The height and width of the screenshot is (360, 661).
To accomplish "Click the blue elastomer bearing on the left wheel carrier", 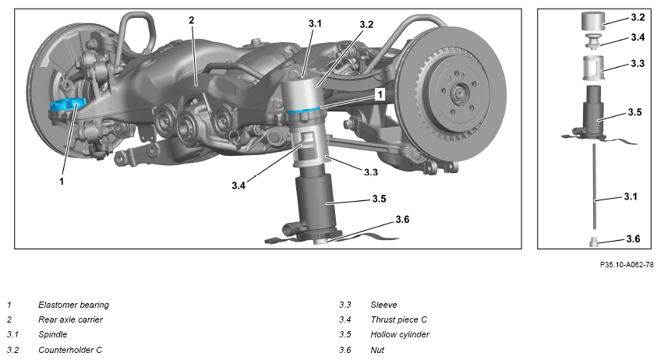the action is click(68, 104).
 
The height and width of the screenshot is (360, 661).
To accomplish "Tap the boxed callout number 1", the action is click(380, 94).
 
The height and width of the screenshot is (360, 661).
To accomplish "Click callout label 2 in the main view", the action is click(192, 20).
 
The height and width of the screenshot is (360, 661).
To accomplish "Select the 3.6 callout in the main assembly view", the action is click(402, 220).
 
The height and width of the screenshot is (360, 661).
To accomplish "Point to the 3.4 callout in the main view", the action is click(239, 185).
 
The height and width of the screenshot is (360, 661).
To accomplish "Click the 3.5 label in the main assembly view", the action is click(379, 199).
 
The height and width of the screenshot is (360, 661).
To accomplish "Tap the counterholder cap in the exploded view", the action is click(593, 22).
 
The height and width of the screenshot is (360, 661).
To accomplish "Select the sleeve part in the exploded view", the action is click(593, 68).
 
